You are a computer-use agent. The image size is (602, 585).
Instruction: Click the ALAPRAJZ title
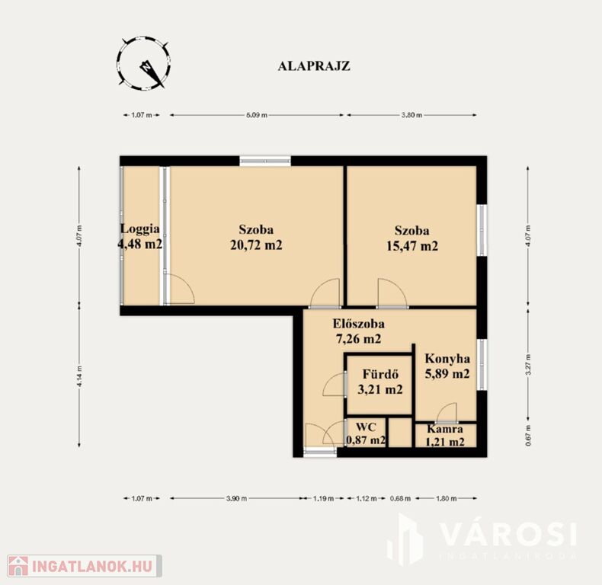314,66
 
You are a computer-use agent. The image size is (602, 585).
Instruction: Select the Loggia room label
139,229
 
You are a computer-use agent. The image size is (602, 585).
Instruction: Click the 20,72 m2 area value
256,245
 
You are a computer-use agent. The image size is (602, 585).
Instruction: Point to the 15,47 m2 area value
412,246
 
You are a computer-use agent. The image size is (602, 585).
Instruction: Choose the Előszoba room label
359,324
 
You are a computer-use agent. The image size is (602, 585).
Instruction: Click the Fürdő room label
380,374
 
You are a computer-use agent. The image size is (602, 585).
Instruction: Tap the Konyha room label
447,359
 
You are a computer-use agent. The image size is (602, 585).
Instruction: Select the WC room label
365,427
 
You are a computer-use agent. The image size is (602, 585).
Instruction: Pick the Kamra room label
445,429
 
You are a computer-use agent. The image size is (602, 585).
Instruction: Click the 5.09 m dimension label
257,115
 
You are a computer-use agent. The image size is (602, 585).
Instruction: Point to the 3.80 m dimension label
412,115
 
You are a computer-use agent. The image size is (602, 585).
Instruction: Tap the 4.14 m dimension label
79,376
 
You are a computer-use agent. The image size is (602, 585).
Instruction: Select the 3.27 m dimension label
528,365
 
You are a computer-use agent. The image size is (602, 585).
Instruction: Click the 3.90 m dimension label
236,499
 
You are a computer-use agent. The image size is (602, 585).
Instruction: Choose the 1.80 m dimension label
446,499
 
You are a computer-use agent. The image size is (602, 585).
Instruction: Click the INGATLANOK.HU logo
84,566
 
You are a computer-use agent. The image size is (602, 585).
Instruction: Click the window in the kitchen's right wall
482,365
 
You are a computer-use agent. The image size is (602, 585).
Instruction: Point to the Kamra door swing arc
447,411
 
